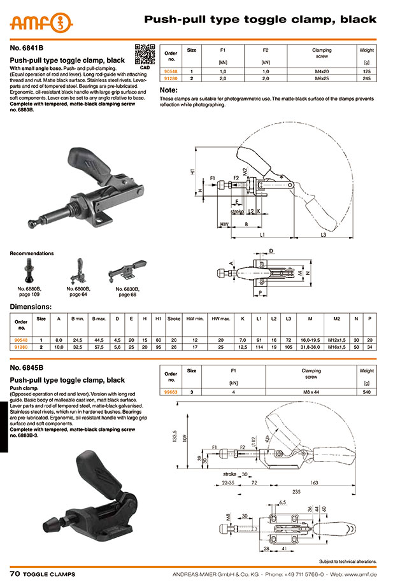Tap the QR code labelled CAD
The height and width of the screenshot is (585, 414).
coord(145,53)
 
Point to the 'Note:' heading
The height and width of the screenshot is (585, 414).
coord(168,91)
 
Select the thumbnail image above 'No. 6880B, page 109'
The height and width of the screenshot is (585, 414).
coord(30,270)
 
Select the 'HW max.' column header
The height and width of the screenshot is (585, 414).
coord(220,318)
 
